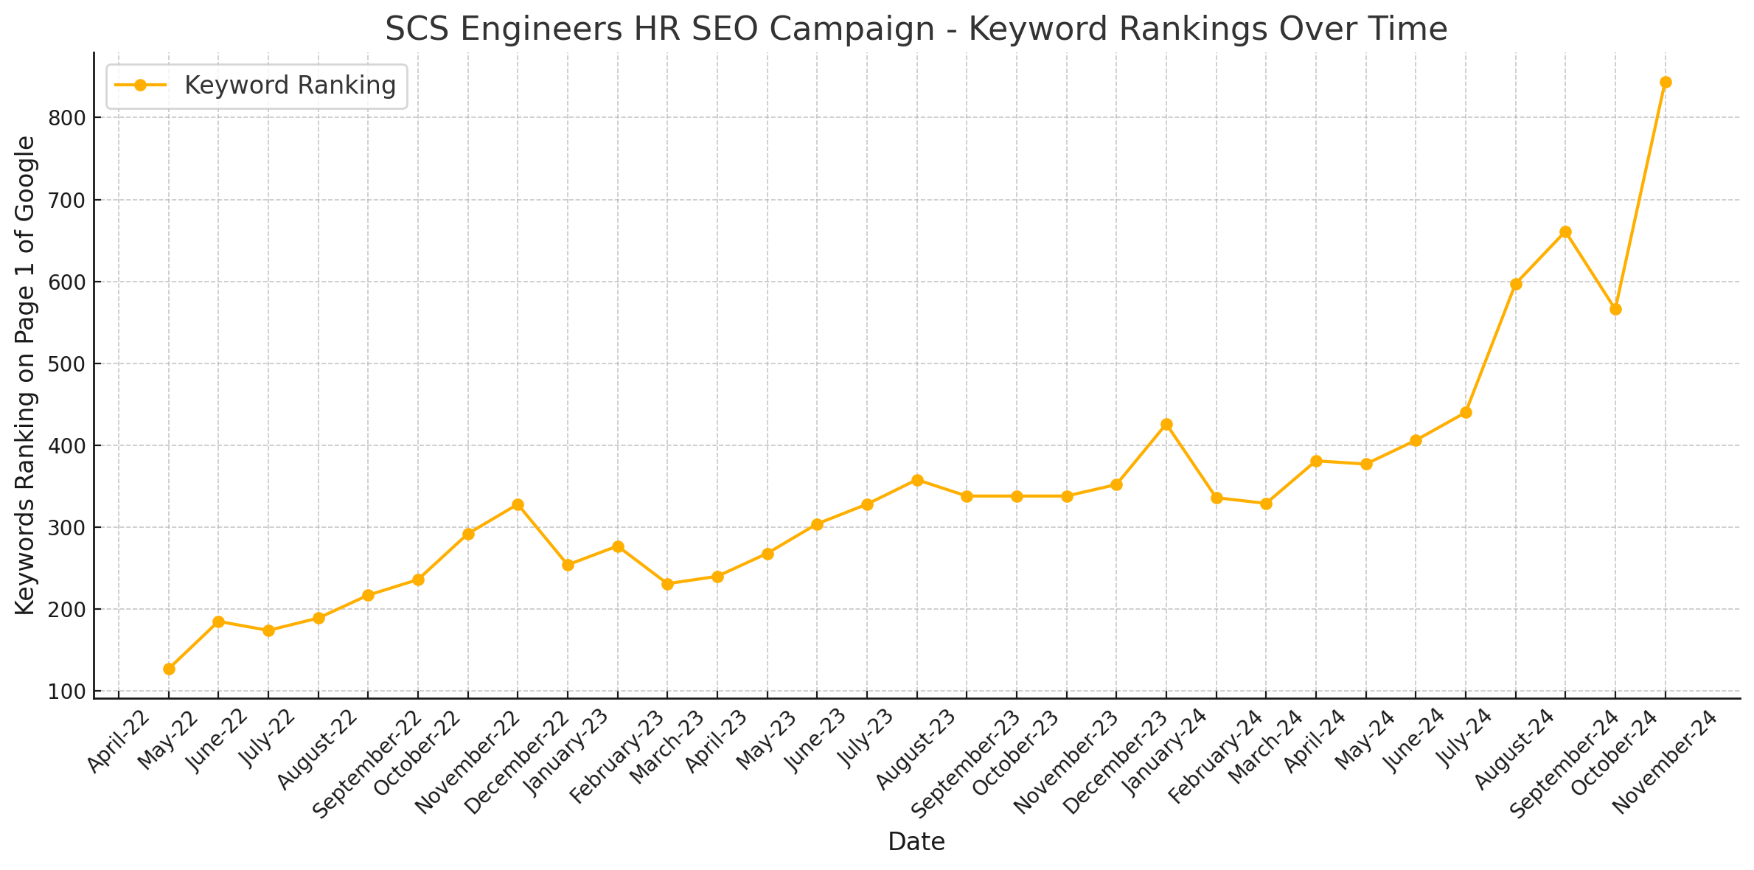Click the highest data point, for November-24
pos(1666,82)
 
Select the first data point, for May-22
pos(169,669)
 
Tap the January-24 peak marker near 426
pos(1166,424)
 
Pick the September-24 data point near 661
pos(1565,232)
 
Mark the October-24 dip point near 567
pos(1615,309)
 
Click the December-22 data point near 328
pos(518,504)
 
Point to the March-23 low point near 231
pos(667,584)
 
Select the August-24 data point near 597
pos(1516,284)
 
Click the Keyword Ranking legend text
pos(290,86)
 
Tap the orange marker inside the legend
pos(140,86)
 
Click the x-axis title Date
pos(916,842)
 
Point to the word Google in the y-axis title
pos(25,177)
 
